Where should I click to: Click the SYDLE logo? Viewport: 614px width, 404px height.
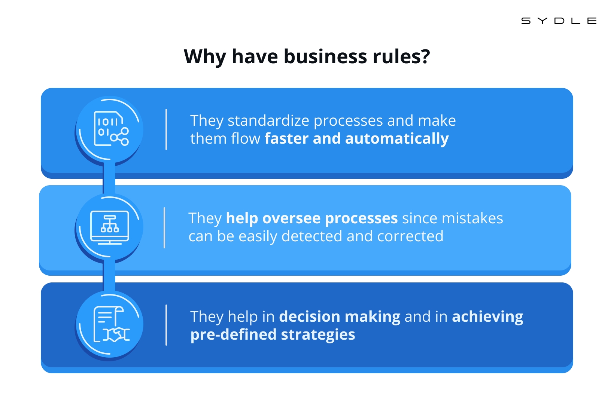click(559, 21)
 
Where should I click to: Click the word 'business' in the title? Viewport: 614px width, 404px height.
click(325, 56)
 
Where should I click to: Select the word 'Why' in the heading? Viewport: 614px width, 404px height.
click(205, 57)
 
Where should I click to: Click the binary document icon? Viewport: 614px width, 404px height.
click(111, 128)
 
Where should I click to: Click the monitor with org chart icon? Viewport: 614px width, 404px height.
click(110, 227)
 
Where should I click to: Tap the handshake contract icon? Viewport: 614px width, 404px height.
click(112, 324)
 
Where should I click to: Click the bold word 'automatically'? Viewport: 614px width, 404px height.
click(397, 139)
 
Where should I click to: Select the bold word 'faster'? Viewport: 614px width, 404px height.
click(286, 138)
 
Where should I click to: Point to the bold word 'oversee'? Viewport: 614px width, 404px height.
click(292, 218)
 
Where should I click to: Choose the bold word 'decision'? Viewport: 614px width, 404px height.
click(310, 316)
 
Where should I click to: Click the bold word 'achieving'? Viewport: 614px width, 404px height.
click(487, 317)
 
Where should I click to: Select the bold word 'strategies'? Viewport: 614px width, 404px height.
click(318, 335)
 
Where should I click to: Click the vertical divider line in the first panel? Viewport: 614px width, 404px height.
click(166, 129)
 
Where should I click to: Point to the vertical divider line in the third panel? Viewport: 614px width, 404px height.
click(166, 325)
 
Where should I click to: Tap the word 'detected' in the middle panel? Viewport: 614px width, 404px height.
click(311, 236)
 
